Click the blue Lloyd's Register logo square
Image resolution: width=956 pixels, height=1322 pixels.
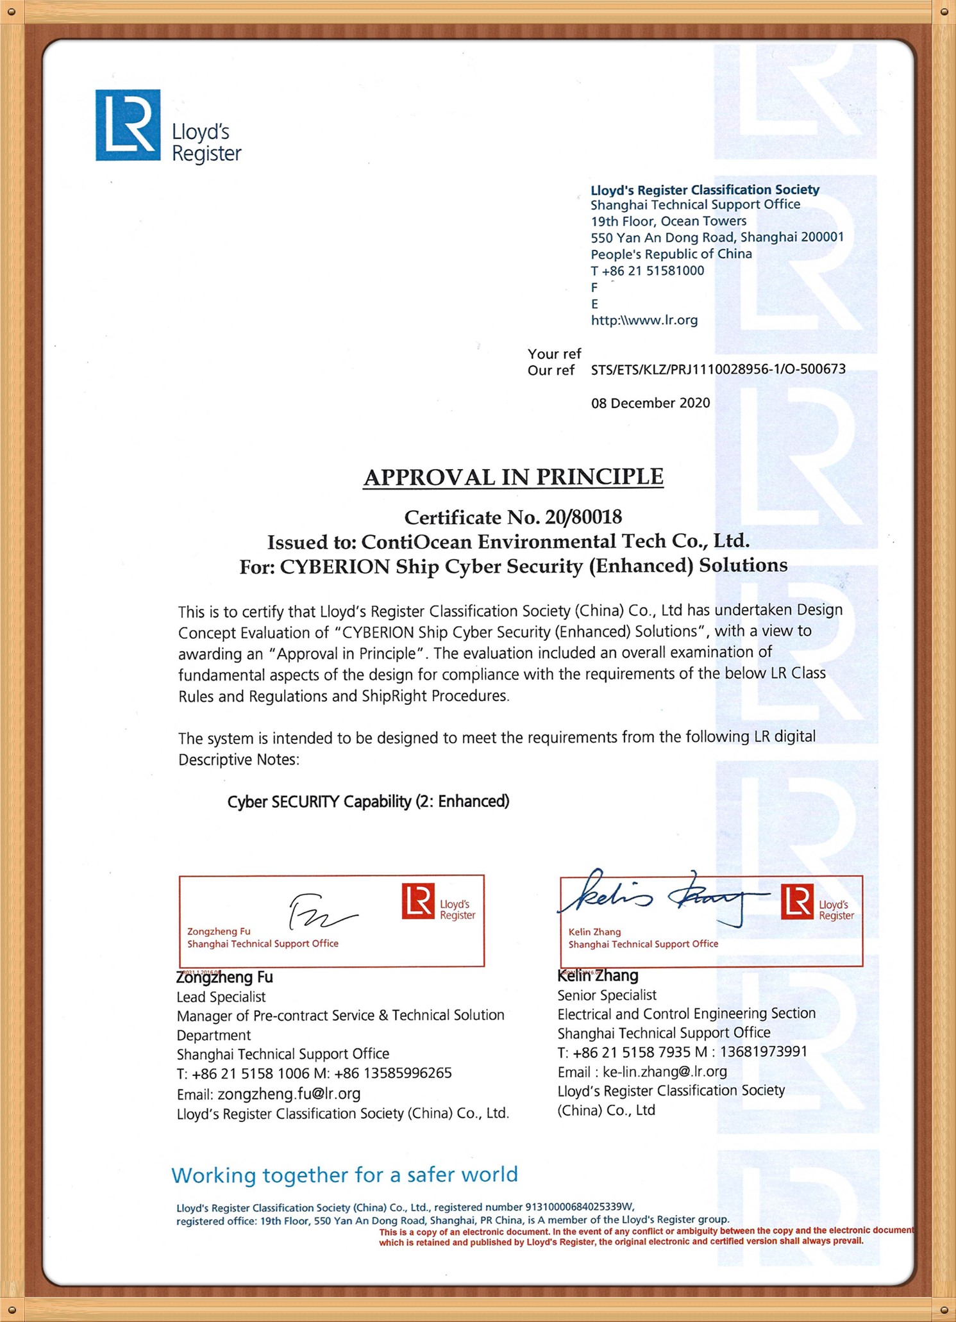pos(128,124)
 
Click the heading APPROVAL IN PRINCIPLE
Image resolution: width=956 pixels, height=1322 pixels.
pos(513,477)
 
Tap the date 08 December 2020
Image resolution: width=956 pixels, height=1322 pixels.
pos(650,403)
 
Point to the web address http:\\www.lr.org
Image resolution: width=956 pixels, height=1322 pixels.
pos(644,320)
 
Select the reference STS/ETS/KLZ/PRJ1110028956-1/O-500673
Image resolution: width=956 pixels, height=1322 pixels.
pos(717,369)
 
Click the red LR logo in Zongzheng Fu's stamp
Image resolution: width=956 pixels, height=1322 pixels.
pos(418,901)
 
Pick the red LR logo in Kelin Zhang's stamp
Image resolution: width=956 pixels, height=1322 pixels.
pos(797,901)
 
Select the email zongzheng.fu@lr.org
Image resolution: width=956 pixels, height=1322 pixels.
pos(289,1093)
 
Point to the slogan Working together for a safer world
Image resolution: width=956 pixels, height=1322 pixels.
pos(344,1175)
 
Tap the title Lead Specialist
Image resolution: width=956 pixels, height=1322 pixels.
pos(221,996)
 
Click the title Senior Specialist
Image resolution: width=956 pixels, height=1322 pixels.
pos(607,995)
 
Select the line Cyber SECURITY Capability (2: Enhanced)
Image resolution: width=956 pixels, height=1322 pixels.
pos(368,802)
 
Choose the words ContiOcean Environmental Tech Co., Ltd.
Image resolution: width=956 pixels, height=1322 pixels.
pos(555,541)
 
